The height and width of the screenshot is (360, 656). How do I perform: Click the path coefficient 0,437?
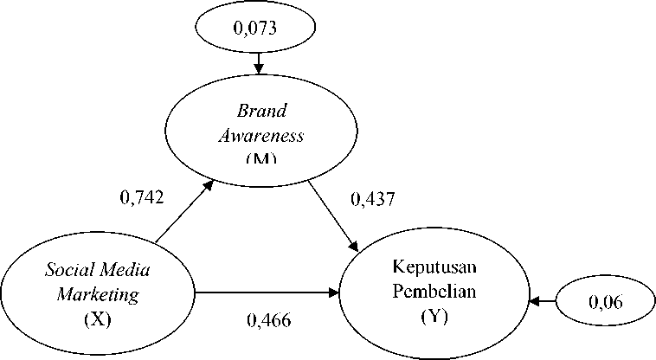point(372,199)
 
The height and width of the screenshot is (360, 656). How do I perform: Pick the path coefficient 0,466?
point(269,320)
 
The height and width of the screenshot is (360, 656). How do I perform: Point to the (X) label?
point(98,317)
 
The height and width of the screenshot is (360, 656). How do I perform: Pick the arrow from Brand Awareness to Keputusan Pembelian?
point(334,211)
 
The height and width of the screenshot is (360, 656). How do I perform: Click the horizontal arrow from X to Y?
point(268,294)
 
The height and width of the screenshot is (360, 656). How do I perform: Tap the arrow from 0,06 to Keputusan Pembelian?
point(543,301)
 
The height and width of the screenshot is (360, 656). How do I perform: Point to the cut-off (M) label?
point(260,158)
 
